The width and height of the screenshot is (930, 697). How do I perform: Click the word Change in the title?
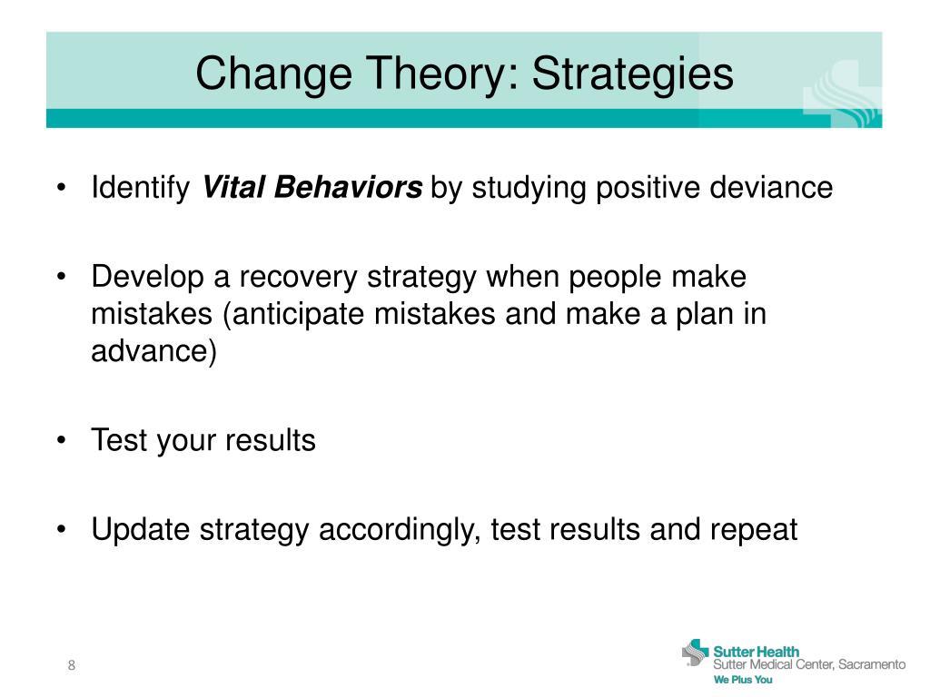273,74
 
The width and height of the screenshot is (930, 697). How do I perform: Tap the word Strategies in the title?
632,74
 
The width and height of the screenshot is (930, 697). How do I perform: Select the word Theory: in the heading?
443,74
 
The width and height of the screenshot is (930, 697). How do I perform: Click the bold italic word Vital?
233,187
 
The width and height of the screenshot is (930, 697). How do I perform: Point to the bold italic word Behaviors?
348,187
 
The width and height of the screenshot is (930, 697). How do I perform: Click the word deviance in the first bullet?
771,187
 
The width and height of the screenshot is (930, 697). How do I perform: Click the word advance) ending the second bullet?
154,351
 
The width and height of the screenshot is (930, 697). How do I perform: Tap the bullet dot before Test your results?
61,440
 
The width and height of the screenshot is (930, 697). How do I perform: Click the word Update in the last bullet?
141,530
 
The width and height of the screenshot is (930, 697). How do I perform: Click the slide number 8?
72,665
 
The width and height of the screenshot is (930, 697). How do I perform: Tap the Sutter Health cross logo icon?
695,653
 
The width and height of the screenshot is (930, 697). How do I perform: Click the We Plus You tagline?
743,680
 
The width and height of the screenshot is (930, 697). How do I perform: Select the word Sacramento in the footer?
872,664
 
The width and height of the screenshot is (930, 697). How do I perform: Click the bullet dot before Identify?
61,188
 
